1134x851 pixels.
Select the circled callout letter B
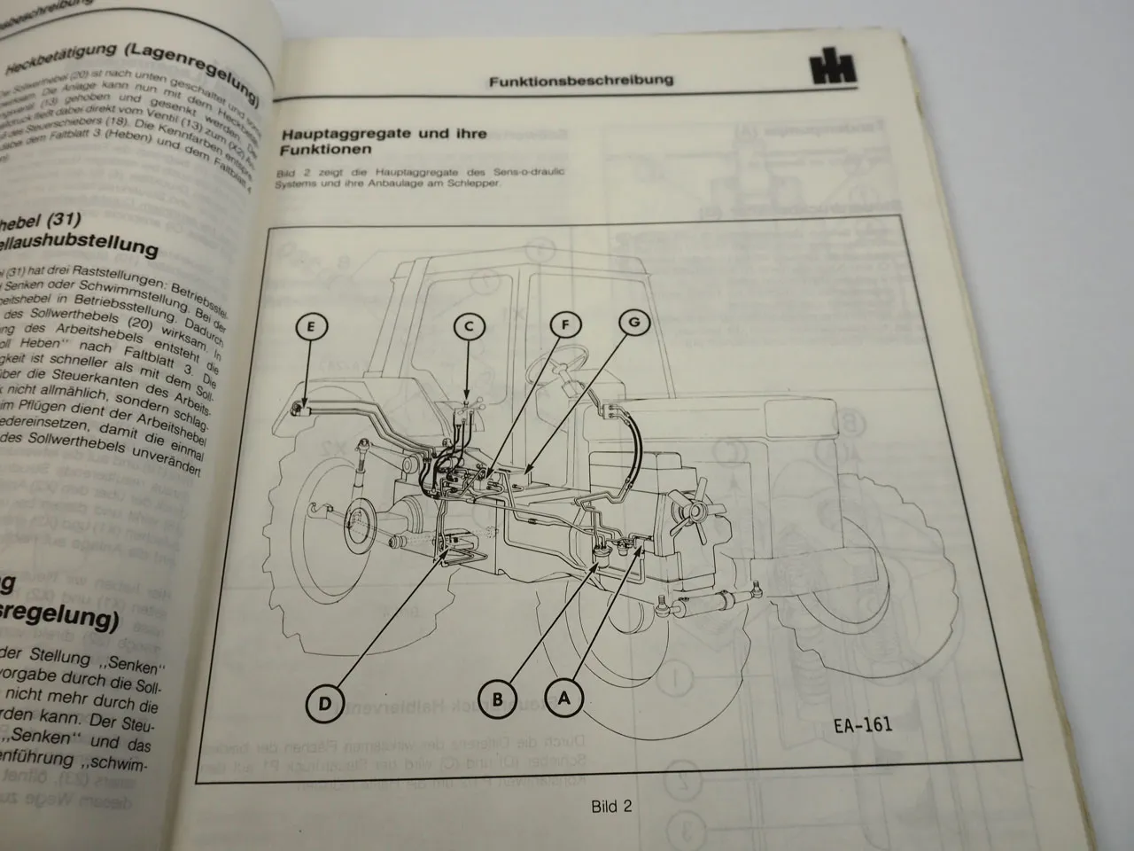coord(498,699)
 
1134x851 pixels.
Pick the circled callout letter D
coord(326,705)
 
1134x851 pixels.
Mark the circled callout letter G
coord(633,323)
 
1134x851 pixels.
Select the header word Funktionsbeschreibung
coord(580,80)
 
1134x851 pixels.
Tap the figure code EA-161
coord(862,725)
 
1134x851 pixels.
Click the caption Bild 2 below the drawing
coord(611,807)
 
